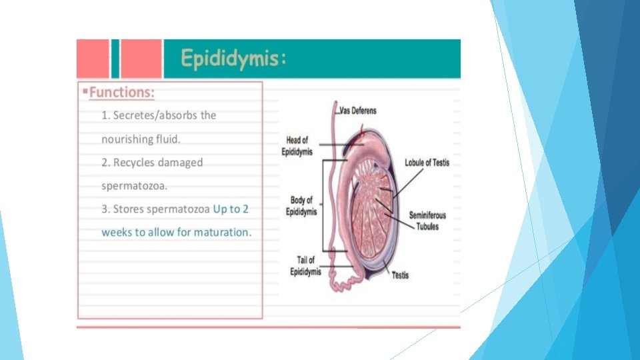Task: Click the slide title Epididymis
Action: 234,59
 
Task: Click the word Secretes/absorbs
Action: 165,115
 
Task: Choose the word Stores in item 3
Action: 129,209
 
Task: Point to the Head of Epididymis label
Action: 297,145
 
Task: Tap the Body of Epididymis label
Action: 301,205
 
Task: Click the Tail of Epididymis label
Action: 305,265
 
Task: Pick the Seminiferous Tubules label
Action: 427,221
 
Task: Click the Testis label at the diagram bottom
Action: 400,275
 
